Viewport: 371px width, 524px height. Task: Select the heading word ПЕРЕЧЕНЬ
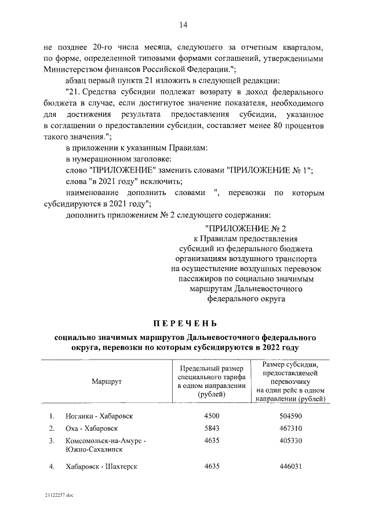point(185,322)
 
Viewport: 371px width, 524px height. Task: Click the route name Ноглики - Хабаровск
point(100,416)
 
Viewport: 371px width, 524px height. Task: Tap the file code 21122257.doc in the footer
point(58,496)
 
